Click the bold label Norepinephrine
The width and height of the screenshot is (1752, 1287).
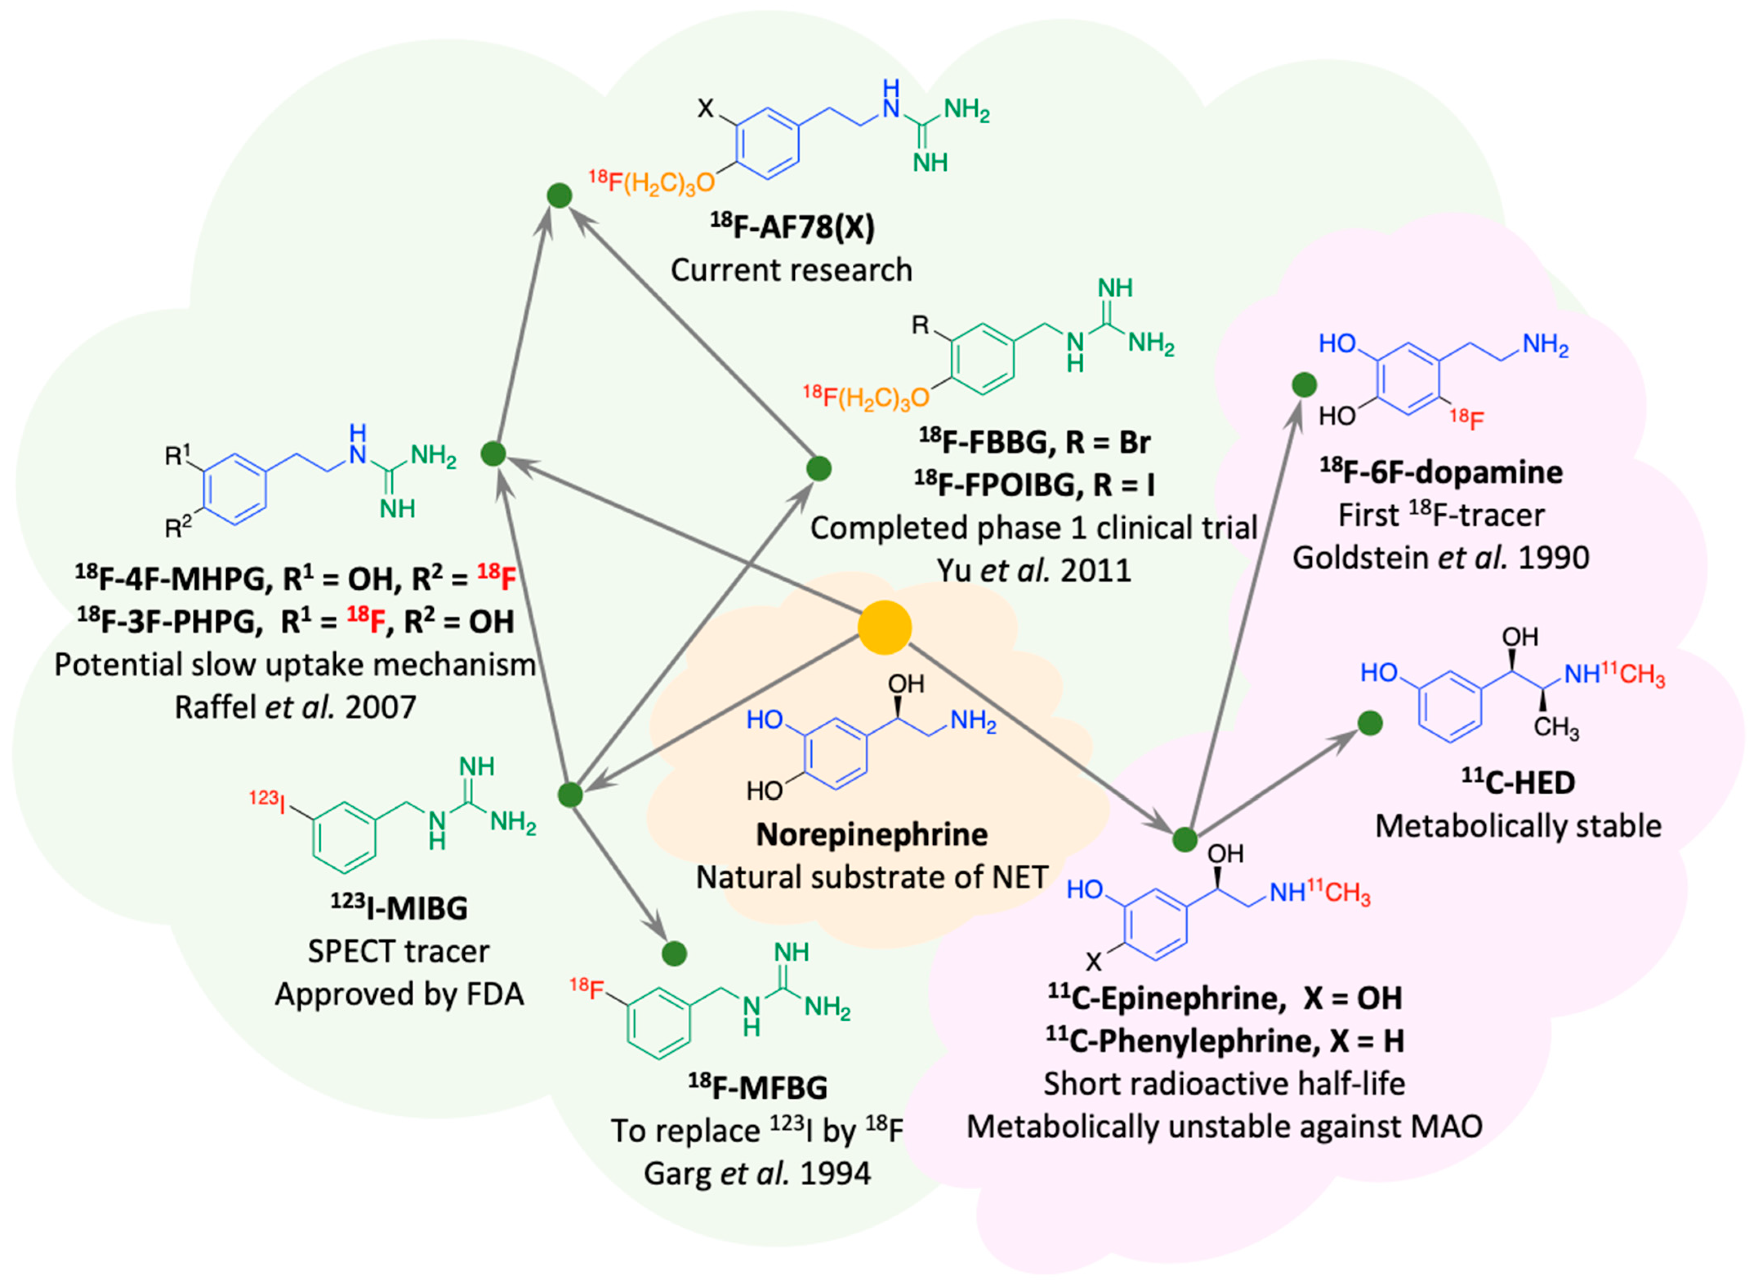pyautogui.click(x=872, y=834)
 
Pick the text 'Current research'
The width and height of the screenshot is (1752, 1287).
pyautogui.click(x=791, y=270)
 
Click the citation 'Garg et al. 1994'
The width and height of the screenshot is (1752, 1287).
pyautogui.click(x=757, y=1173)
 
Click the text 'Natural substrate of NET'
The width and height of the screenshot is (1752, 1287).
pyautogui.click(x=872, y=877)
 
